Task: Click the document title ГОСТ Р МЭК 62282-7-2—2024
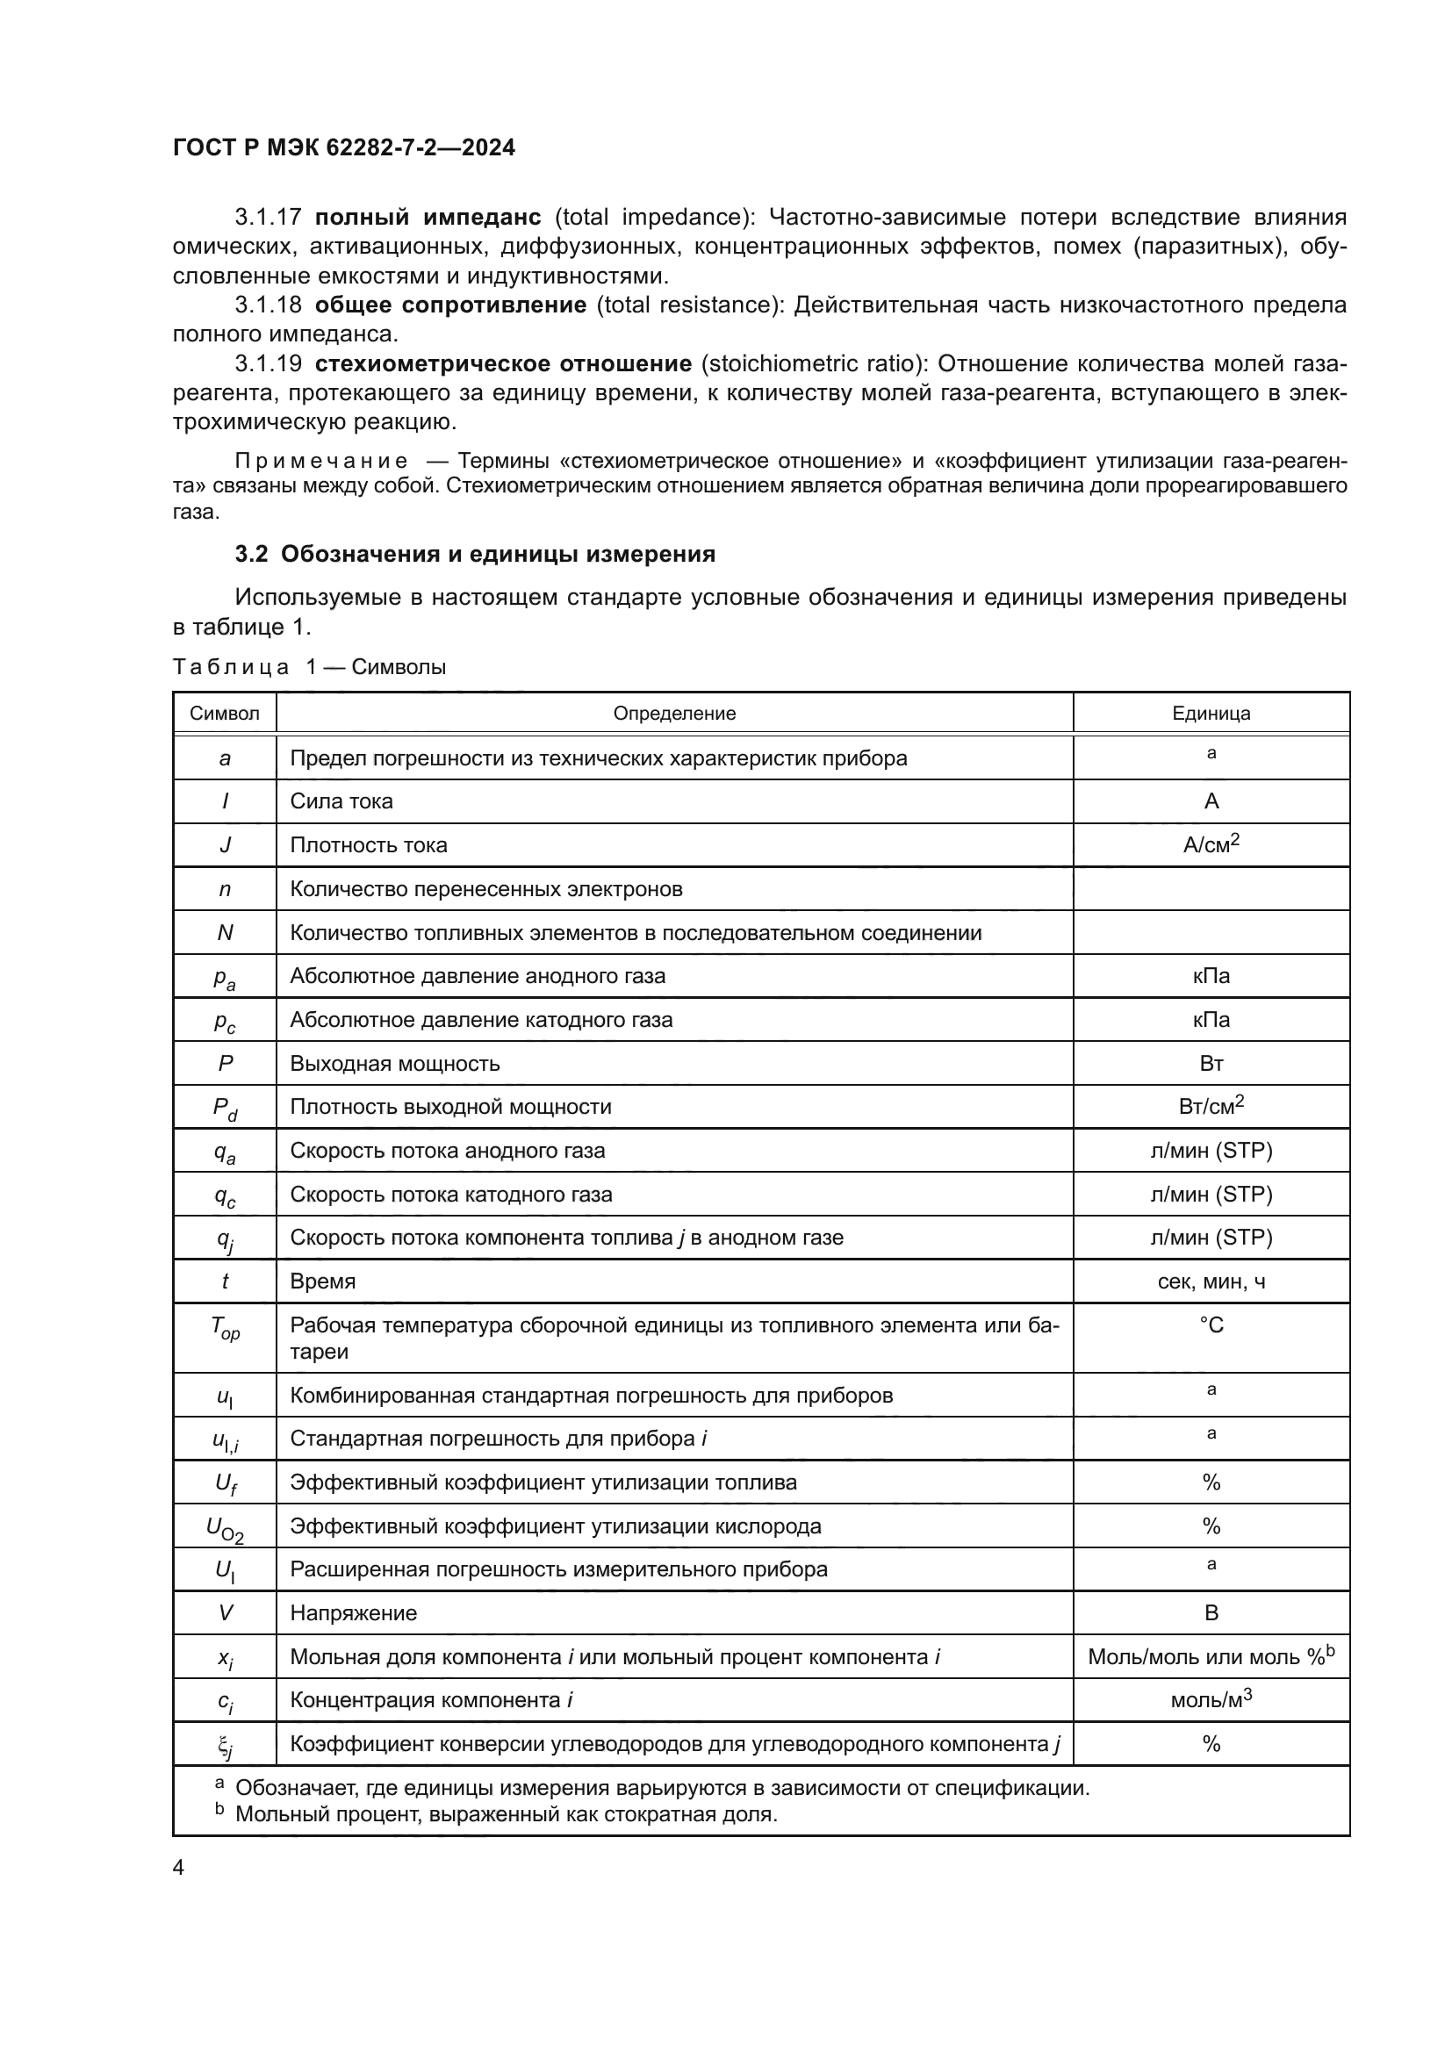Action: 343,147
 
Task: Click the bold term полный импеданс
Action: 428,218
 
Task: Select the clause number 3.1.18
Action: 269,305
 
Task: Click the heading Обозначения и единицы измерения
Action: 497,555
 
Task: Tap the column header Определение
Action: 674,714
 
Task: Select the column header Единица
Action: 1211,714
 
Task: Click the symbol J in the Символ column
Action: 225,845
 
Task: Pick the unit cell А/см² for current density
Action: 1211,844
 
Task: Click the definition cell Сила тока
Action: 341,801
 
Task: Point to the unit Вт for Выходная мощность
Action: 1211,1064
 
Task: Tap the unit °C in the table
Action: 1211,1325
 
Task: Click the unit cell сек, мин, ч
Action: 1211,1282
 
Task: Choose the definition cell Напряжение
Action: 353,1613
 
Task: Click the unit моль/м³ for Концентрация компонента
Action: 1211,1700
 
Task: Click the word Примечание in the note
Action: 322,462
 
